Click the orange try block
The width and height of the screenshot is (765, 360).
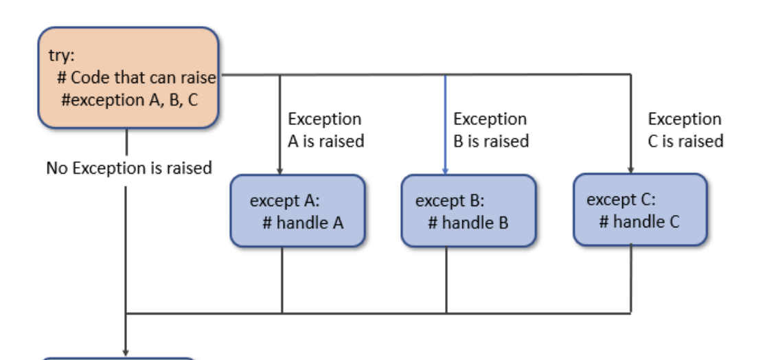(x=128, y=78)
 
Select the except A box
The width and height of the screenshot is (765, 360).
(x=297, y=210)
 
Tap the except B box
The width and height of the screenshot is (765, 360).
(x=468, y=210)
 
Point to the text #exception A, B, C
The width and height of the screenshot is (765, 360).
(x=129, y=100)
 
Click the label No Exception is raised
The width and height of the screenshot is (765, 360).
(x=128, y=168)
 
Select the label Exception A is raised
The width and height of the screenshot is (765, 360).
(x=325, y=130)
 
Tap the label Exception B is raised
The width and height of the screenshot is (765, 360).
(x=490, y=130)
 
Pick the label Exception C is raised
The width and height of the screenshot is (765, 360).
(x=685, y=130)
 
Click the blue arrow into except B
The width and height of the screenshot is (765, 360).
(x=446, y=124)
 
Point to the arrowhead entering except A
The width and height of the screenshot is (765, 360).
(x=280, y=170)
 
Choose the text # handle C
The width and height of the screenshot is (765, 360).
(x=639, y=222)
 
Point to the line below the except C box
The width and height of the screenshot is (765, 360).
(x=630, y=279)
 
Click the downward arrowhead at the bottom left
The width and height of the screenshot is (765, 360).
(x=126, y=350)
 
